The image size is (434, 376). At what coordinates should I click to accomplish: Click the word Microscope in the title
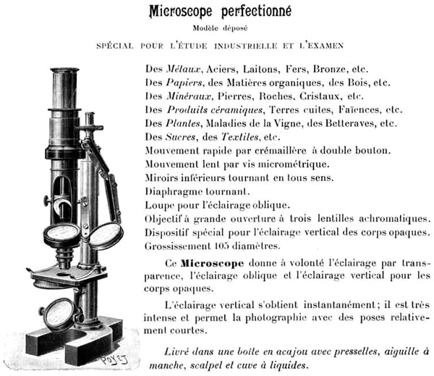(181, 12)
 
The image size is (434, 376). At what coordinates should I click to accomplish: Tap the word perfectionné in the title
(256, 11)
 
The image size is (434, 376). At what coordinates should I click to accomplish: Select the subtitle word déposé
(235, 28)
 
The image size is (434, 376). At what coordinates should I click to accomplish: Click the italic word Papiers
(184, 83)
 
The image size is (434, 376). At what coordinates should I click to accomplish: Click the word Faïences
(359, 110)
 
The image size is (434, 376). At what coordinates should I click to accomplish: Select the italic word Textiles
(239, 137)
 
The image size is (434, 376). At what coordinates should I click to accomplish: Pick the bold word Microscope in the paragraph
(212, 263)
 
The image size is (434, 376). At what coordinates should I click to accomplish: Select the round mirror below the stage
(59, 314)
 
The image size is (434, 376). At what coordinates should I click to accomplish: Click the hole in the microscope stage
(64, 275)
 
